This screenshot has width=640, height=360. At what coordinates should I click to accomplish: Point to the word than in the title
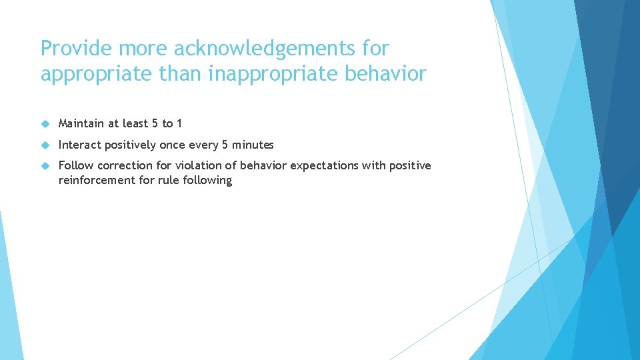(x=181, y=74)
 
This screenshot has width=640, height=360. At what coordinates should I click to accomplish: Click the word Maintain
(x=81, y=123)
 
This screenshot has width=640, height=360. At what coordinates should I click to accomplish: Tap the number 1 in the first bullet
(x=179, y=123)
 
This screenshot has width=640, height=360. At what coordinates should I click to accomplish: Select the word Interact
(x=79, y=145)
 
